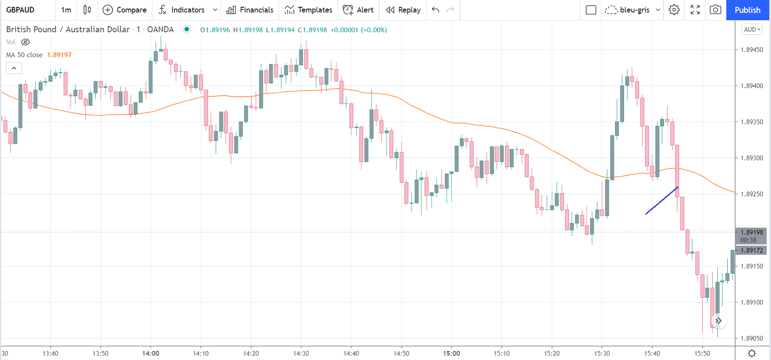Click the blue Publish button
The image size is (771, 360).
(747, 10)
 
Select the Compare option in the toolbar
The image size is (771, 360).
(125, 10)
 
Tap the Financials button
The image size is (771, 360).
(250, 10)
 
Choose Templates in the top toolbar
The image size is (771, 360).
(309, 10)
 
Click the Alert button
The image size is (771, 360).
(358, 10)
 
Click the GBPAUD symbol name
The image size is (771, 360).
(20, 10)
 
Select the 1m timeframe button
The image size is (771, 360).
(66, 10)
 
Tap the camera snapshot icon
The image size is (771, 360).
(715, 10)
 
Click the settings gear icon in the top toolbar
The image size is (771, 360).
(674, 10)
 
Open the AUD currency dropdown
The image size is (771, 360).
(752, 29)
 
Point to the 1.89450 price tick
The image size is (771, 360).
(752, 50)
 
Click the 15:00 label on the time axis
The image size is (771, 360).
(451, 353)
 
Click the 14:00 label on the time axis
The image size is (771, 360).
(150, 353)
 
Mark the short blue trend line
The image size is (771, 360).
(662, 200)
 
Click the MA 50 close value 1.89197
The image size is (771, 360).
(59, 55)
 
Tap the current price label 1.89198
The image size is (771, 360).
(752, 232)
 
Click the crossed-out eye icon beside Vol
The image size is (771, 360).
(25, 42)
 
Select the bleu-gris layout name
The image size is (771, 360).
(635, 10)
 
